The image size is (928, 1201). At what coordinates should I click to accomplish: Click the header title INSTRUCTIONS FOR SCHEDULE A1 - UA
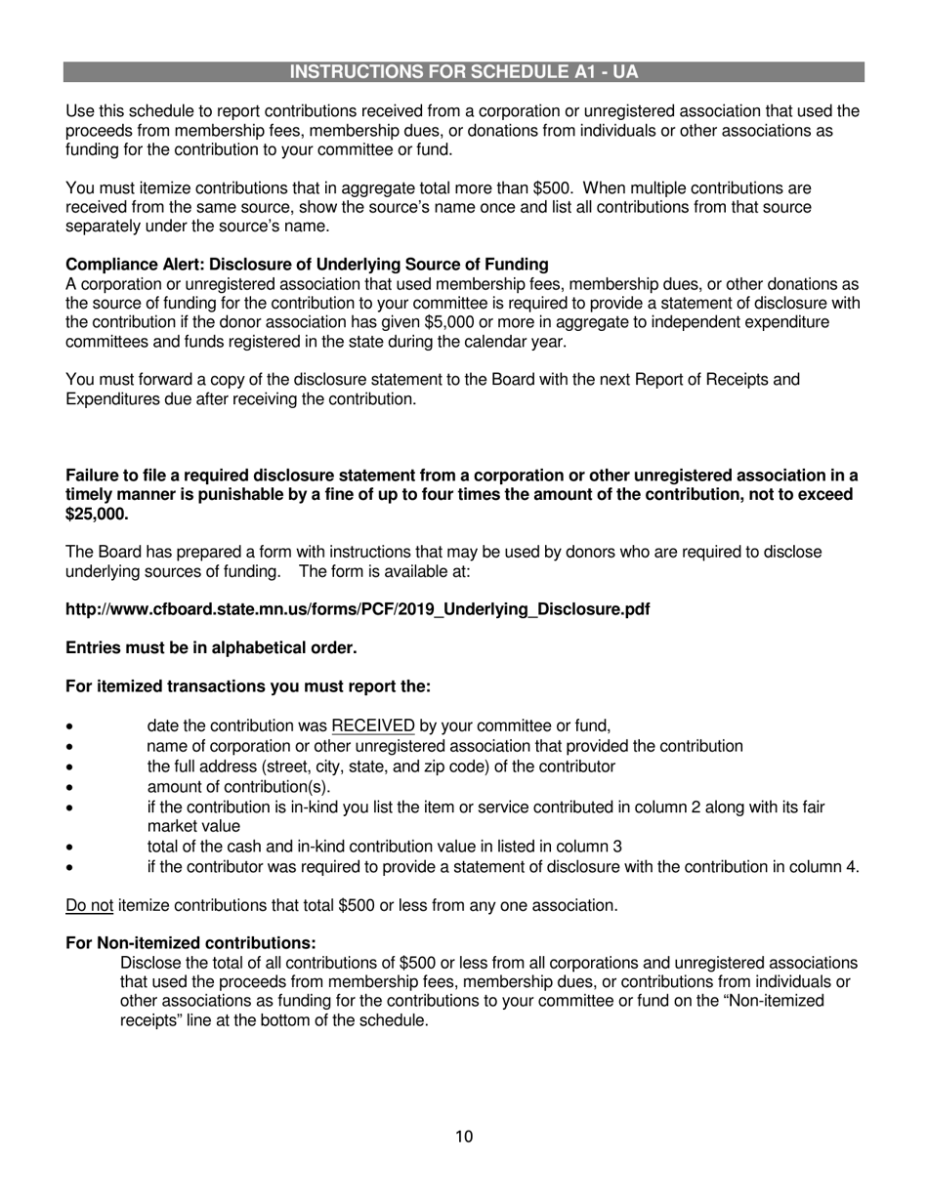464,72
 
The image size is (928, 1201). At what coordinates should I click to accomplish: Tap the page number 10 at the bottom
464,1137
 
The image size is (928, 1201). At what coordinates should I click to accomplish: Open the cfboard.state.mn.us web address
358,610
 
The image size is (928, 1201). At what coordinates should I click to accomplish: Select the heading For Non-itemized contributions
190,943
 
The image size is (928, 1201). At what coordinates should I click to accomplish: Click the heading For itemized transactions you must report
247,686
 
